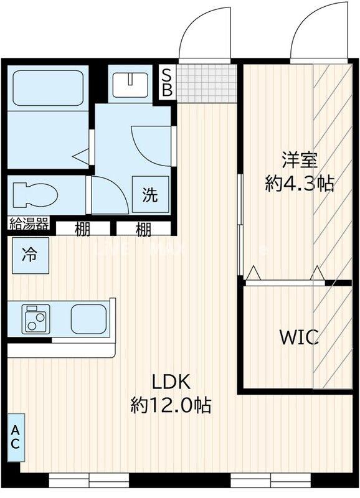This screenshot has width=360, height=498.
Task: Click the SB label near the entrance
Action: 168,82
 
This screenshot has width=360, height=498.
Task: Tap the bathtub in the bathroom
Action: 47,90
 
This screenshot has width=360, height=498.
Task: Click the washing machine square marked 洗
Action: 150,195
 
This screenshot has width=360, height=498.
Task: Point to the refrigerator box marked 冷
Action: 29,255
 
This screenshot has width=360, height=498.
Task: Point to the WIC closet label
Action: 299,338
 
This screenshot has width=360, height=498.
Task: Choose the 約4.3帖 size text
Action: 300,183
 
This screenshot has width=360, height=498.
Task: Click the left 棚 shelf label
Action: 82,230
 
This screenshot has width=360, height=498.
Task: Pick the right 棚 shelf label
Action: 143,230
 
